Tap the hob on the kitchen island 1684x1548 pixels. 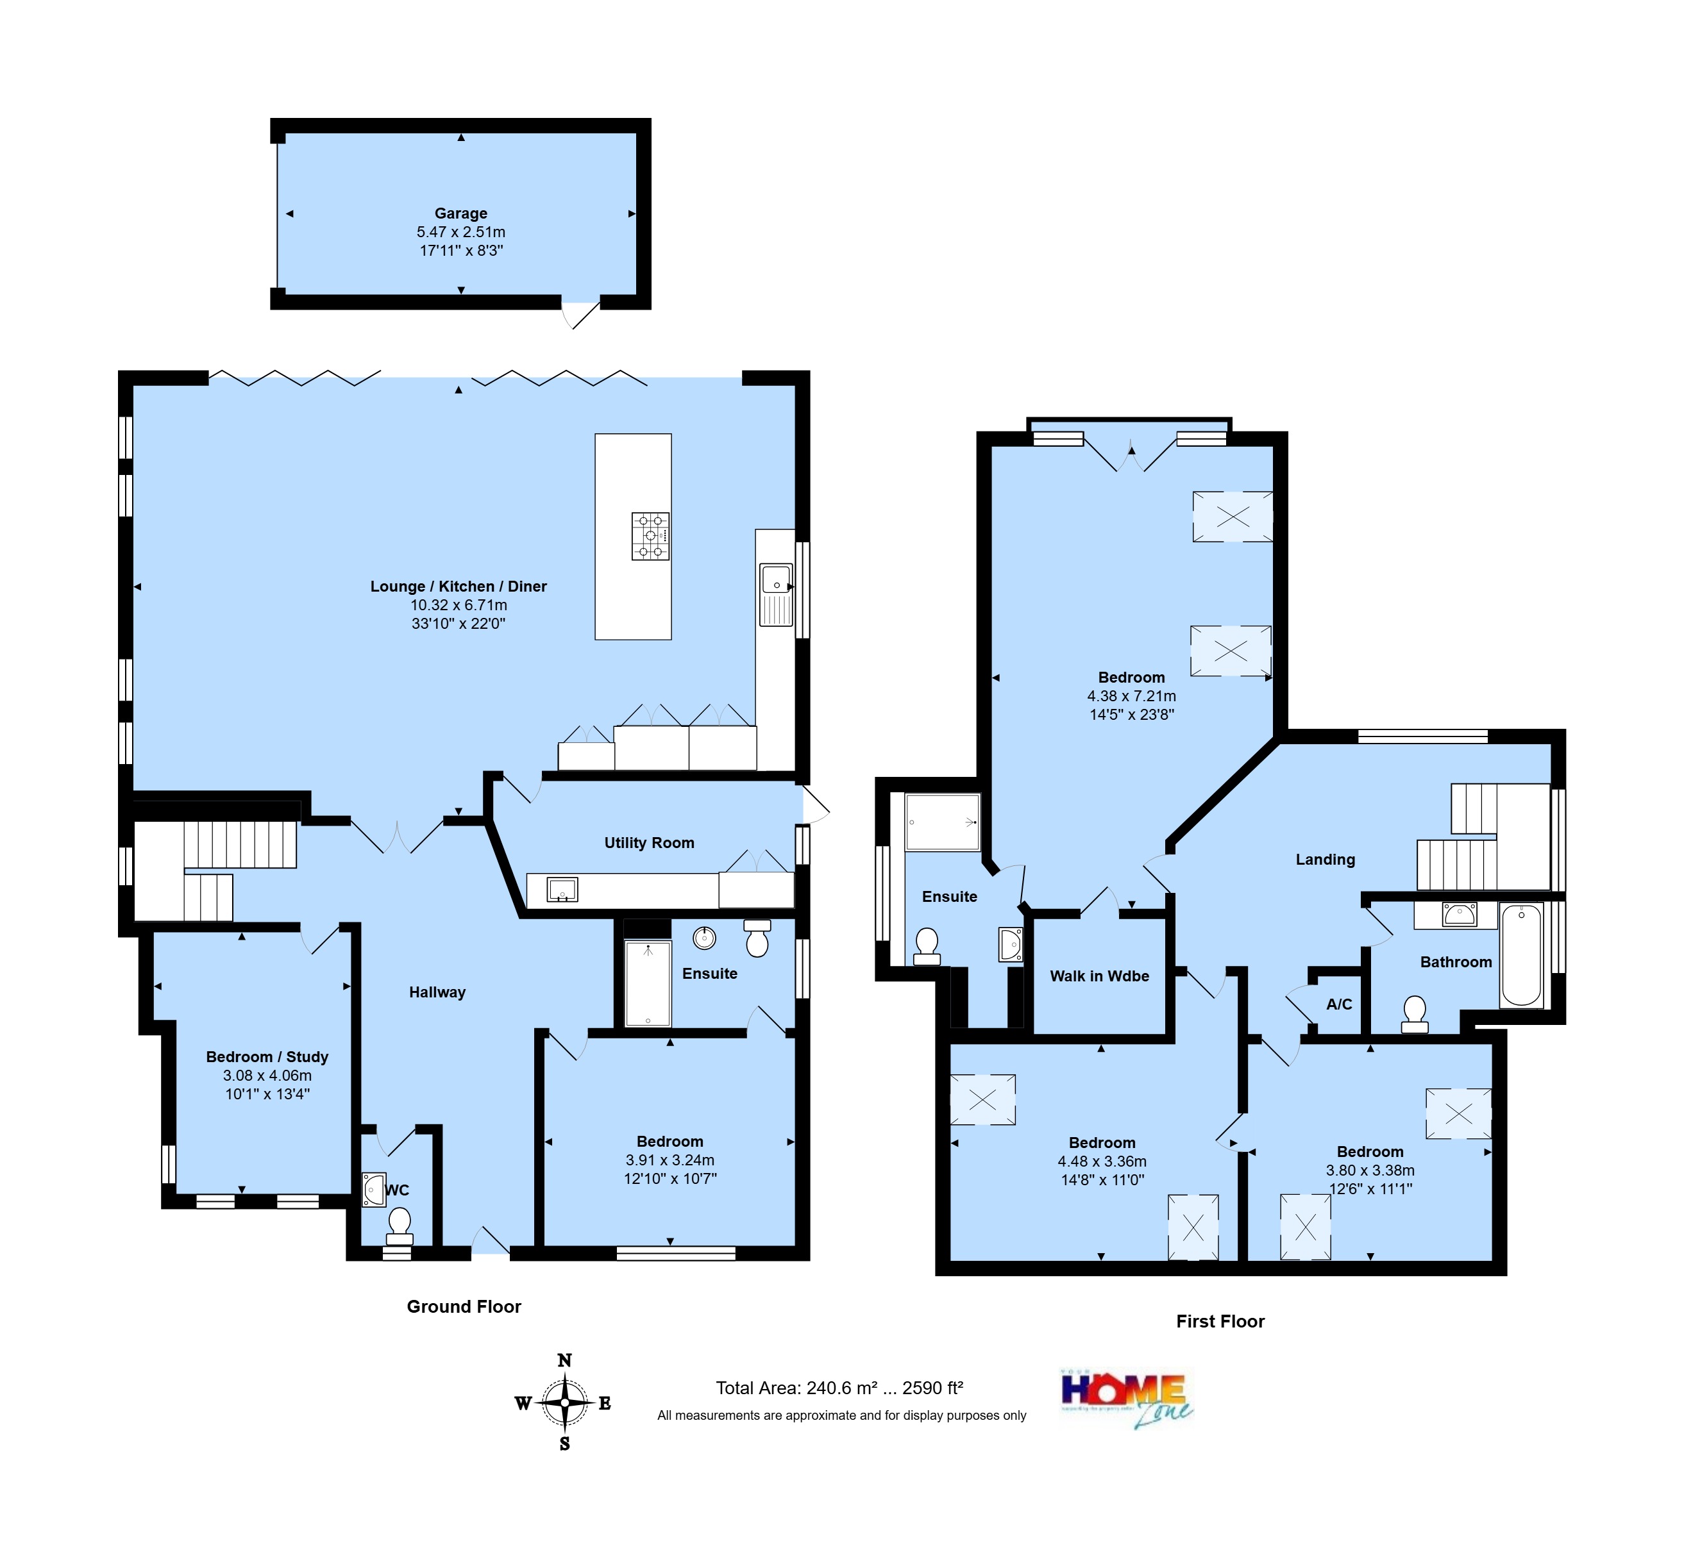(x=650, y=536)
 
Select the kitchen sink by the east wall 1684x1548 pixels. (x=776, y=595)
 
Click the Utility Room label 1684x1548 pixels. (x=650, y=843)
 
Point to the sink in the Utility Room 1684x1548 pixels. (x=561, y=889)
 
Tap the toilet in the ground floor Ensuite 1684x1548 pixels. (x=757, y=938)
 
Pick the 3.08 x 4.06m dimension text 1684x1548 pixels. (x=267, y=1076)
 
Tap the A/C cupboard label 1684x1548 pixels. (x=1339, y=1004)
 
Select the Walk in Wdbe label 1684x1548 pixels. (x=1099, y=976)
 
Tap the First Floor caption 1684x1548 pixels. (x=1220, y=1321)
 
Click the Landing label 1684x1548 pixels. (x=1325, y=860)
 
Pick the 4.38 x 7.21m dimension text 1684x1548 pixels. (x=1131, y=696)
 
